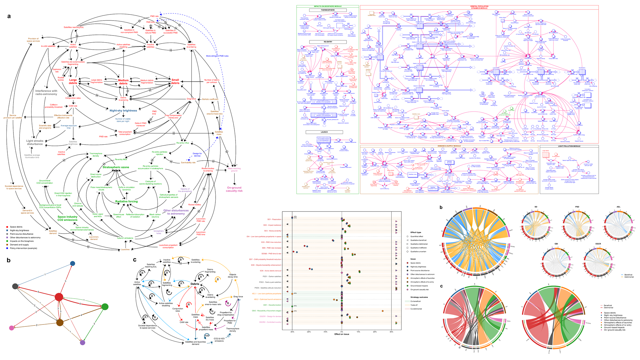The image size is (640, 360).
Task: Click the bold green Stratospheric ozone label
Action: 116,167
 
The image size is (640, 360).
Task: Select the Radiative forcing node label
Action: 126,202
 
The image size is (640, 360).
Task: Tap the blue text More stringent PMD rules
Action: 217,56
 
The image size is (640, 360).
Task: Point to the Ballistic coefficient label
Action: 210,99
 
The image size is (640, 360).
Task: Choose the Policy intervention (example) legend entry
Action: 23,248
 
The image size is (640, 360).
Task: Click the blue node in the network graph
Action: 73,263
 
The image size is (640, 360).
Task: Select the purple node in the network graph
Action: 83,343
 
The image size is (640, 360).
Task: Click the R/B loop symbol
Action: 207,336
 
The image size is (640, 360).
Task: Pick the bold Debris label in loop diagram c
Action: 195,284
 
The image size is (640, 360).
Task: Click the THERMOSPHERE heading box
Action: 328,10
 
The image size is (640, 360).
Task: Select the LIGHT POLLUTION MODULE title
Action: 569,146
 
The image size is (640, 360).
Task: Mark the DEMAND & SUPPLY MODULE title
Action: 449,146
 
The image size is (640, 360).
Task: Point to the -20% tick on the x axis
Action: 309,332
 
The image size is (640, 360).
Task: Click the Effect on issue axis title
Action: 342,334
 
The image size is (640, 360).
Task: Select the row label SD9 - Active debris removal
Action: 270,271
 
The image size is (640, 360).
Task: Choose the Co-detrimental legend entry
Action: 416,309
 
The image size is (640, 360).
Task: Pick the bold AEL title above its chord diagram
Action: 619,207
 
